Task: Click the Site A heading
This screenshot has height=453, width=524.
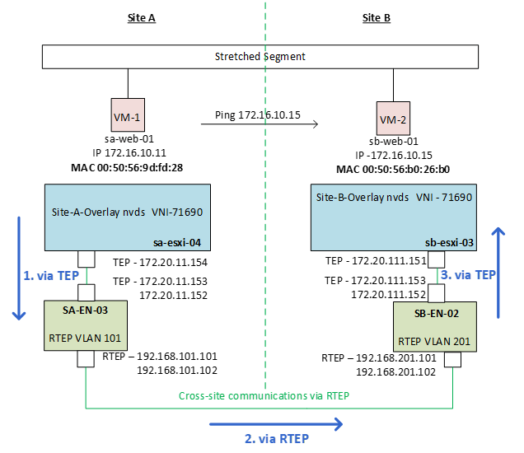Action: [x=142, y=17]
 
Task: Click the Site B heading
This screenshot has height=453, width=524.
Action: [x=377, y=17]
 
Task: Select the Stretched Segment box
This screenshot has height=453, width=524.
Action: [x=260, y=57]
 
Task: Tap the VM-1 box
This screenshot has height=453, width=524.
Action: [x=128, y=117]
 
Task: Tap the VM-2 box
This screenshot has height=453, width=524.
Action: [x=392, y=119]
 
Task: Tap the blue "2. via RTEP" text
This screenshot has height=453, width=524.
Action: [x=277, y=438]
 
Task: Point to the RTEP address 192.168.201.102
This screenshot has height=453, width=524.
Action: [x=394, y=371]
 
